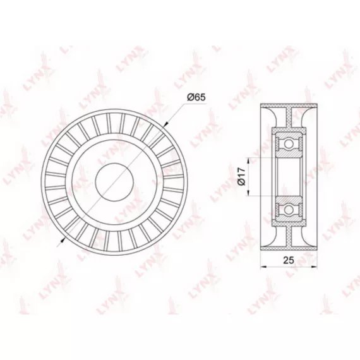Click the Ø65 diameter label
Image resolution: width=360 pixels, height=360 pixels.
(196, 97)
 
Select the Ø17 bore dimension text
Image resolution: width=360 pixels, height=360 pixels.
(242, 176)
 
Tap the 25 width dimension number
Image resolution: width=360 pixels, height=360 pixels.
(289, 260)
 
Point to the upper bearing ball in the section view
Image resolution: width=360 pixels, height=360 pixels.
(289, 144)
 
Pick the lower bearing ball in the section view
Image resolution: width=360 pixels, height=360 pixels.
(289, 209)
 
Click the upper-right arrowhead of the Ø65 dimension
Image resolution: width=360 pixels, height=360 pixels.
(166, 124)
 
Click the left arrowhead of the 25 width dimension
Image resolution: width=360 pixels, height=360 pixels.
(263, 267)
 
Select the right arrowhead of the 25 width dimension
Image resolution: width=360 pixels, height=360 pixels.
(314, 267)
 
